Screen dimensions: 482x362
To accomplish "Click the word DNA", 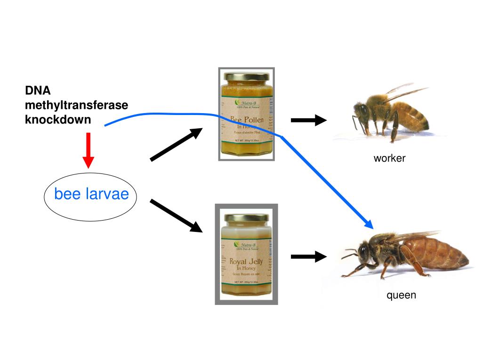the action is click(38, 90).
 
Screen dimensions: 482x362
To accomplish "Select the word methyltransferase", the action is click(76, 105).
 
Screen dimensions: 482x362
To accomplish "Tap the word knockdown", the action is click(58, 119).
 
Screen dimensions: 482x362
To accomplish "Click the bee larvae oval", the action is click(90, 194).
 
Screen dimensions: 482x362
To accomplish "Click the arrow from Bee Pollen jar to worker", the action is click(308, 120).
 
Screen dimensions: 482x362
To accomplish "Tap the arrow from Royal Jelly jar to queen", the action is click(308, 256).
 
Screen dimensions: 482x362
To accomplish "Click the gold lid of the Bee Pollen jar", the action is click(247, 76).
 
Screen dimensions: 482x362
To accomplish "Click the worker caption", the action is click(389, 158).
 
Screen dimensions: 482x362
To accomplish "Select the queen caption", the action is click(401, 296).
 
